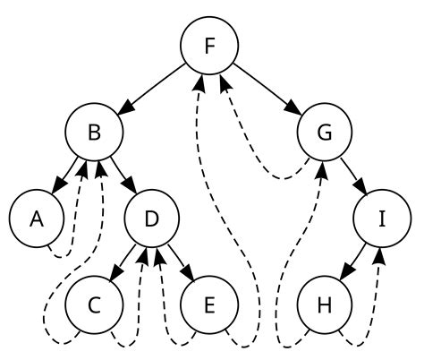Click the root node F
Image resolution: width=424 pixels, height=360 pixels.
208,44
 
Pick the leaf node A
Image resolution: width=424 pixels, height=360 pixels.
36,219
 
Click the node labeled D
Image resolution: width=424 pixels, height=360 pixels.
151,219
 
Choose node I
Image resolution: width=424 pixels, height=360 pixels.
382,219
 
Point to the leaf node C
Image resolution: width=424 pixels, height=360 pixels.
93,305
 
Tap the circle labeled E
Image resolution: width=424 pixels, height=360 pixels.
208,305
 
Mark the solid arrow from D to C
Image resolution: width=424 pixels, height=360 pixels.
123,261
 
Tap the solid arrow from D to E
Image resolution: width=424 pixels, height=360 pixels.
180,261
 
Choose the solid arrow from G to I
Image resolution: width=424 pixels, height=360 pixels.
353,175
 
